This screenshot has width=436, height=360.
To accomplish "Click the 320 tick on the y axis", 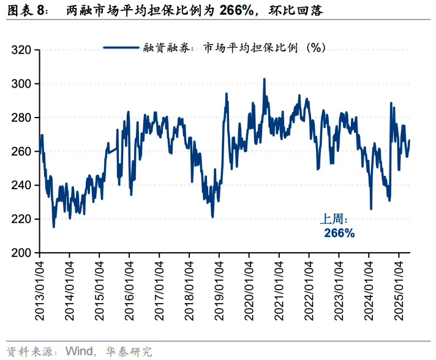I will tap(22, 50).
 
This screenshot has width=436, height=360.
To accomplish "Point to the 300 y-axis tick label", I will tap(22, 84).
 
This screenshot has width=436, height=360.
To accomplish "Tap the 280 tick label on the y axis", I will tap(22, 118).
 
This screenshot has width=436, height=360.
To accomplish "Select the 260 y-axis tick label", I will tap(22, 151).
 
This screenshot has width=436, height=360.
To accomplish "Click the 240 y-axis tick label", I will tap(22, 185).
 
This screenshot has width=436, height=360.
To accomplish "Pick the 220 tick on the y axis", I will tap(22, 219).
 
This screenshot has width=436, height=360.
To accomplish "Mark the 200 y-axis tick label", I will tap(22, 253).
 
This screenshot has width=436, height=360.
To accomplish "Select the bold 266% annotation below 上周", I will tap(339, 233).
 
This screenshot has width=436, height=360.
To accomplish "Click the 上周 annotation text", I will tap(334, 219).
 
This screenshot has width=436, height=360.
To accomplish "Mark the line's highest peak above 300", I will tap(264, 79).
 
